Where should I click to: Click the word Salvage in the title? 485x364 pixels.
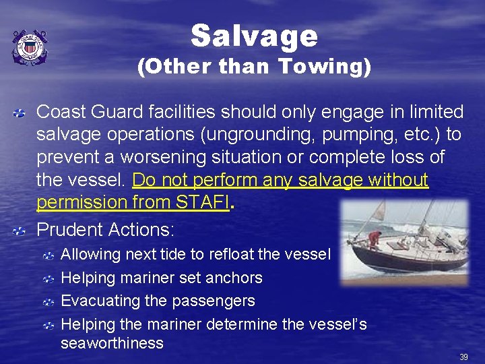[x=253, y=36]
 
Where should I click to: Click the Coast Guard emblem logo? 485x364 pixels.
[x=29, y=48]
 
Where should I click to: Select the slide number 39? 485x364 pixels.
[x=463, y=357]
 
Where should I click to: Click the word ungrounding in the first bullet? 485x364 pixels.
[x=238, y=134]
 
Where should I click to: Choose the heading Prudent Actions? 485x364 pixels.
[x=105, y=230]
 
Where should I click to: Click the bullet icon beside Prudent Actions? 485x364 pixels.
[x=21, y=231]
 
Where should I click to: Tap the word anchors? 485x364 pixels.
[x=238, y=278]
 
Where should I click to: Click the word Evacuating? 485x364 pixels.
[x=99, y=300]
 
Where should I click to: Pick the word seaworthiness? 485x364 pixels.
[x=112, y=343]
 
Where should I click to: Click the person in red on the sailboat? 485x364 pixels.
[x=376, y=238]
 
